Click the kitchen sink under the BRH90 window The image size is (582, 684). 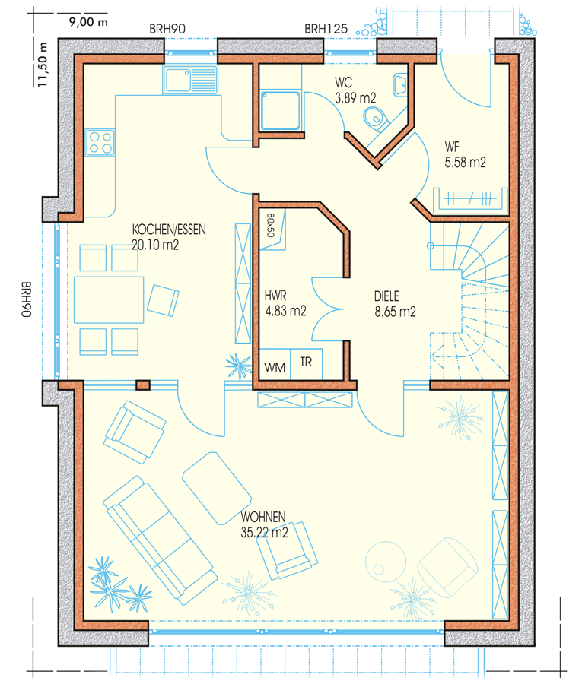190,79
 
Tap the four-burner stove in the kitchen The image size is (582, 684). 100,143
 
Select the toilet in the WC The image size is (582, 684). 376,119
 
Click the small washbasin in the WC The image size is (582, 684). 399,85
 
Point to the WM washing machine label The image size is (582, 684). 275,368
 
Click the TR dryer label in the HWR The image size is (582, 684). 306,362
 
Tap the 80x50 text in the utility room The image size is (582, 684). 270,225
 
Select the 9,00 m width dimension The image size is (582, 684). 88,22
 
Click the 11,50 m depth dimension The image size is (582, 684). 43,64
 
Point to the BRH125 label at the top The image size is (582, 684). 326,29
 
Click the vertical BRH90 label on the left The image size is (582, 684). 27,299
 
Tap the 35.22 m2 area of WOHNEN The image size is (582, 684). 264,533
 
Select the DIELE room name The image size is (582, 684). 386,296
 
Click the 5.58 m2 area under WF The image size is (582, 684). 465,163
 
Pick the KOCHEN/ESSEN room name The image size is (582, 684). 169,230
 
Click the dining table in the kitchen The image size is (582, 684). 109,299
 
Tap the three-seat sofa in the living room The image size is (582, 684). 160,540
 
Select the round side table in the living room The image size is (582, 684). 386,562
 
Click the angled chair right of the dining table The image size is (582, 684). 163,300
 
